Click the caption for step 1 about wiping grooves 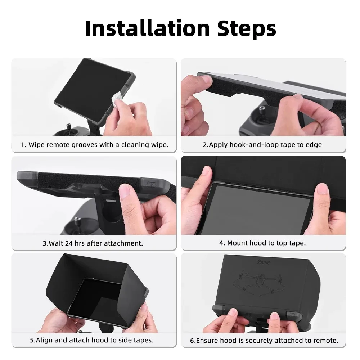[94, 145]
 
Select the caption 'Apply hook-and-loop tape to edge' [262, 145]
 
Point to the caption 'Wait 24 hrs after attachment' [93, 243]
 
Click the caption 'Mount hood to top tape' [262, 243]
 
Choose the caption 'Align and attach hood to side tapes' [92, 340]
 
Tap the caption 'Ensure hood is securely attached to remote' [264, 340]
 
